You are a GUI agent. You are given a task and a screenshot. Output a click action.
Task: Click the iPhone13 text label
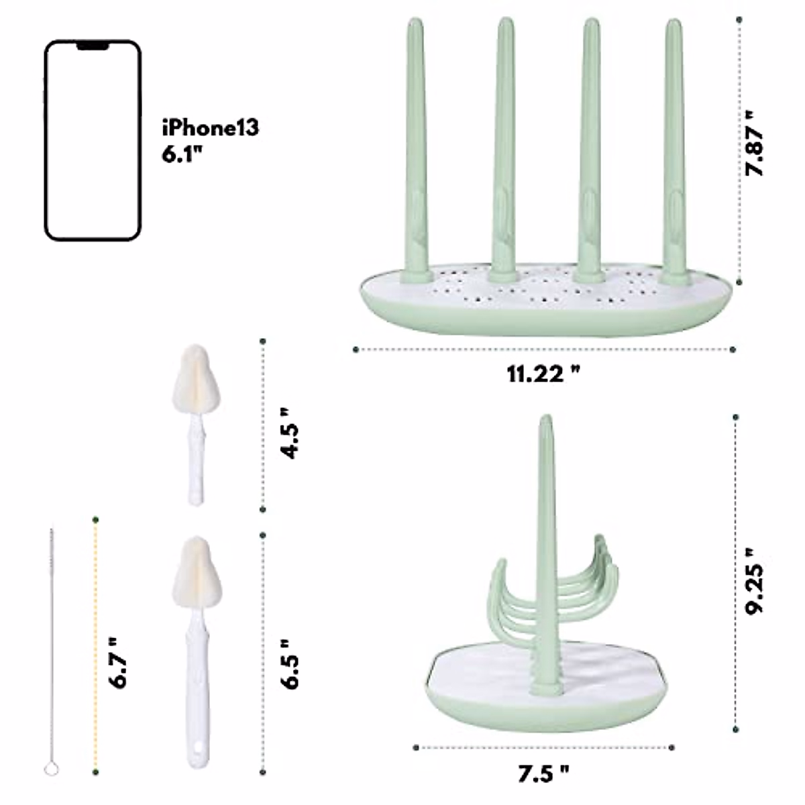click(211, 127)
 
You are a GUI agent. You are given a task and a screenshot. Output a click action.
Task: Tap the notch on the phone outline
click(93, 46)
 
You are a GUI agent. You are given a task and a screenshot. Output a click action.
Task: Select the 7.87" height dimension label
click(755, 144)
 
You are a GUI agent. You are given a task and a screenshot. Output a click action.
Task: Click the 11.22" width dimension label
click(543, 374)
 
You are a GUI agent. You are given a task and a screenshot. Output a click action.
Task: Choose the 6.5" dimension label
click(290, 664)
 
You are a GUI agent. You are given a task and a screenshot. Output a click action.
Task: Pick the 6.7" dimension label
click(117, 663)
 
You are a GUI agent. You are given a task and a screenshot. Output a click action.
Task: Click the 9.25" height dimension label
click(755, 582)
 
